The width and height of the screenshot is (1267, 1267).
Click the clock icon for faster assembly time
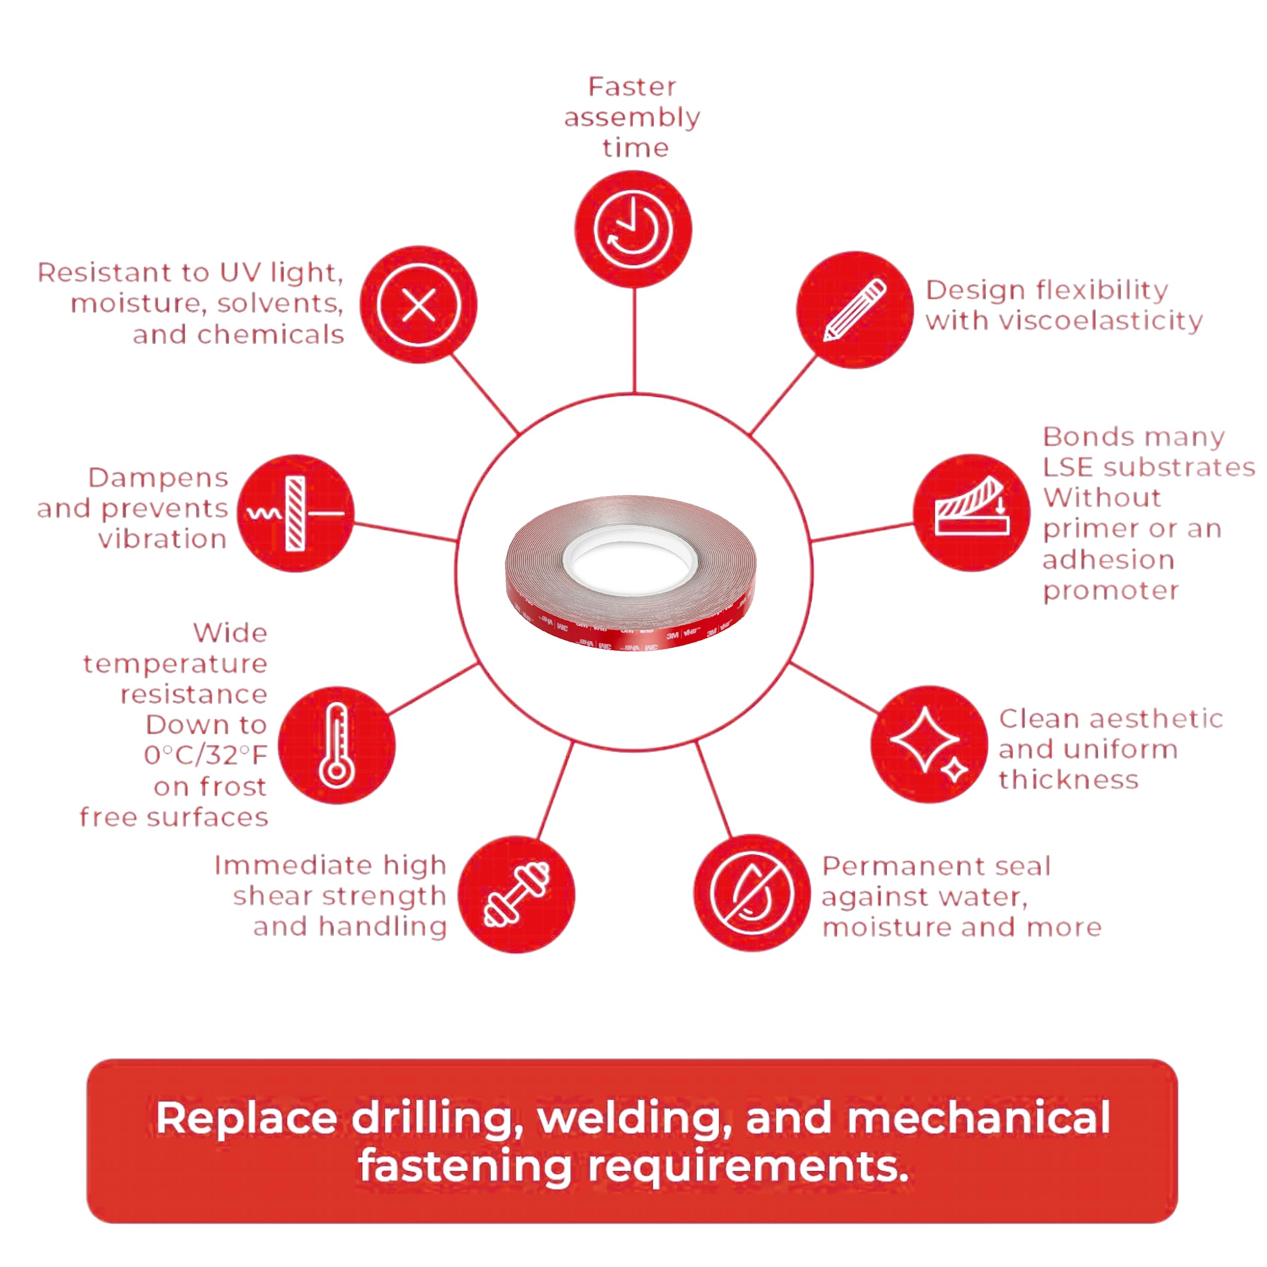coord(633,230)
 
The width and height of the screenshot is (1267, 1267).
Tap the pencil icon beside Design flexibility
coord(855,309)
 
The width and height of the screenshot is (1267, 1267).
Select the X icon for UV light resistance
coord(418,305)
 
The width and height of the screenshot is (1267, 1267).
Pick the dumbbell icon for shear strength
coord(516,894)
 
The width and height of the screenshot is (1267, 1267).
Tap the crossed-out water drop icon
coord(752,893)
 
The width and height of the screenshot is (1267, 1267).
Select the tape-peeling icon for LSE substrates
coord(971,512)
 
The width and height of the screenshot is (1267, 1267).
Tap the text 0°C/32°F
coord(205,755)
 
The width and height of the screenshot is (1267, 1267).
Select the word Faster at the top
coord(632,87)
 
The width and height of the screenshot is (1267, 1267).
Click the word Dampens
coord(158,478)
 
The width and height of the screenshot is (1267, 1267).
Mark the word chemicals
coord(270,335)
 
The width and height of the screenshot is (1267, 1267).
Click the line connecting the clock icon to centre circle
coord(634,341)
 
